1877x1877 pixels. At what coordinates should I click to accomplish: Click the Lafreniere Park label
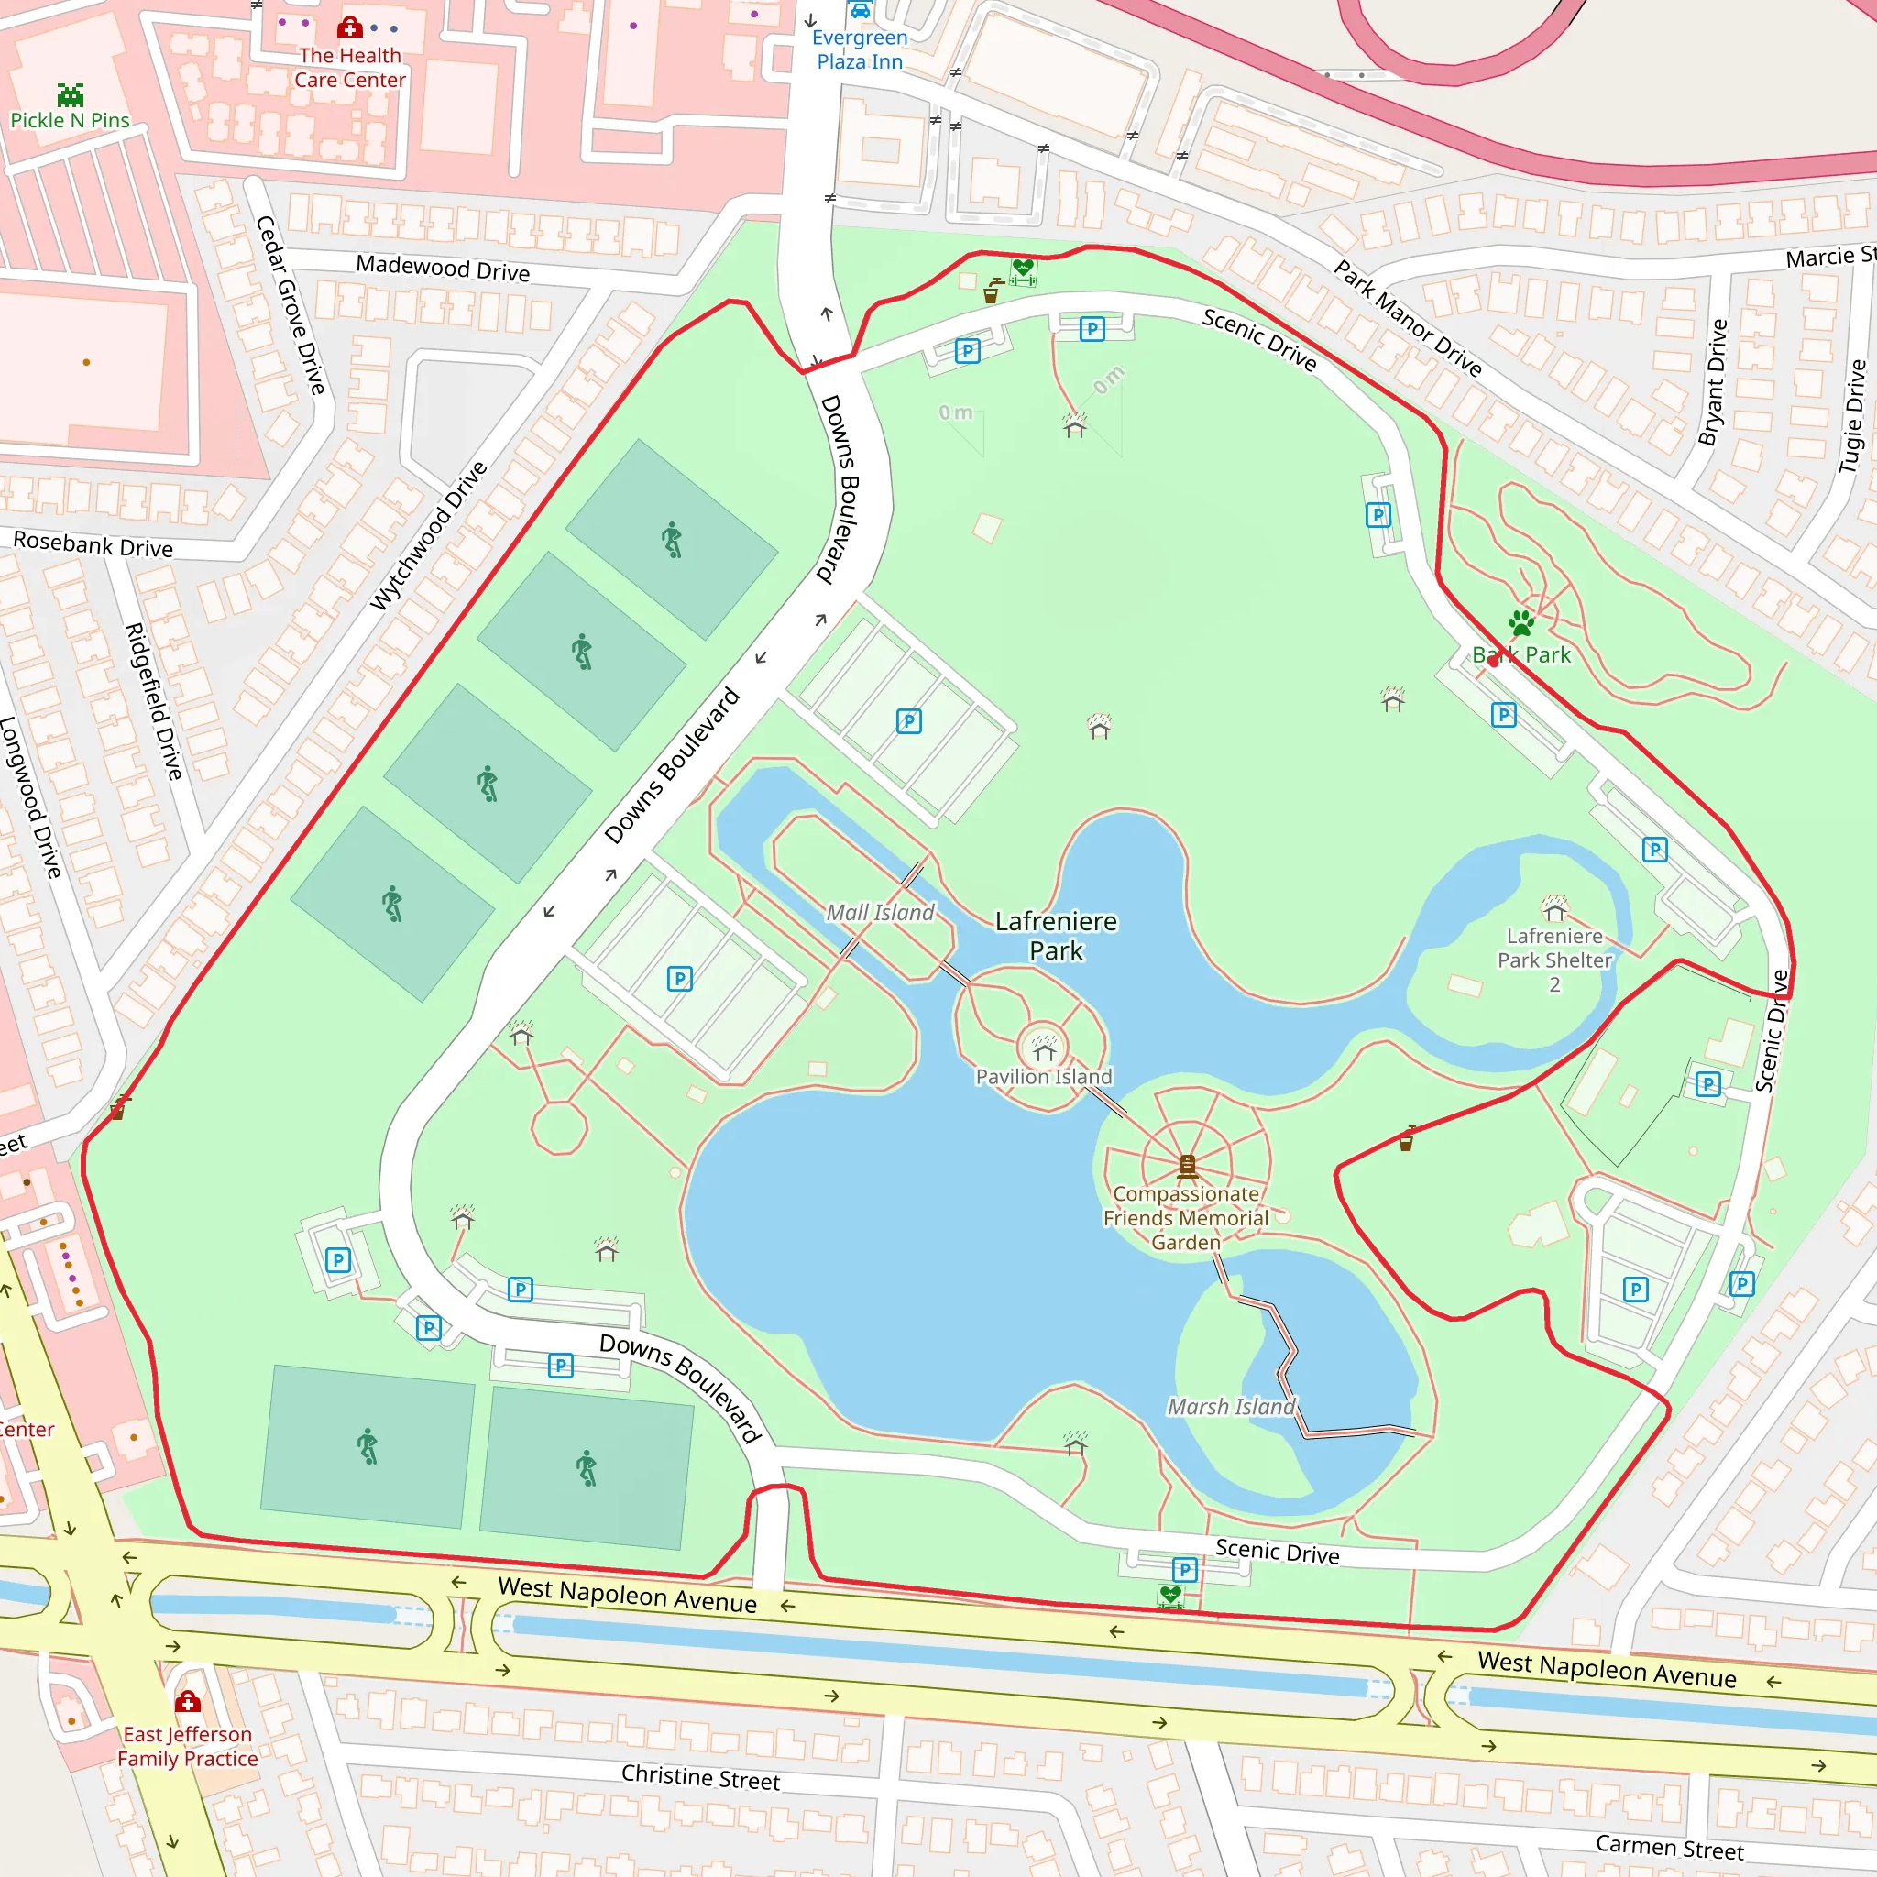point(1056,936)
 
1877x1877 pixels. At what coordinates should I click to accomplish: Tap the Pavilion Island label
point(1043,1077)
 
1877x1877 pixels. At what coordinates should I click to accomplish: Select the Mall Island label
point(880,912)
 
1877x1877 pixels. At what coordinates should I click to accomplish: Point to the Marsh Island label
point(1231,1406)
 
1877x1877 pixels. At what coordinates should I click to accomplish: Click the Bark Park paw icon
point(1521,622)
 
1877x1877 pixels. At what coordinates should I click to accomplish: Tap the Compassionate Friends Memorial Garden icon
point(1187,1165)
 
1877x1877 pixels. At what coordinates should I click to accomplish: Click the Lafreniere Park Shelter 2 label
point(1554,960)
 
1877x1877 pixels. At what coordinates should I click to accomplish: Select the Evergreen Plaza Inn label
point(860,49)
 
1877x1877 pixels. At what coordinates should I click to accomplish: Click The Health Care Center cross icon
point(350,27)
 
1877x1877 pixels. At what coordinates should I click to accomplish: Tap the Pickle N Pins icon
point(70,95)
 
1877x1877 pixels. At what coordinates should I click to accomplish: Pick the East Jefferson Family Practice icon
point(188,1701)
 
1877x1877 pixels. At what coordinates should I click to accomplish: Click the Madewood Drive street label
point(443,268)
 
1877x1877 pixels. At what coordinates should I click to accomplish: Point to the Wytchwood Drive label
point(428,535)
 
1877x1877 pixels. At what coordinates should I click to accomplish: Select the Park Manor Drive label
point(1408,318)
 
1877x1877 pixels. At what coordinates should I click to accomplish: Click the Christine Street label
point(700,1777)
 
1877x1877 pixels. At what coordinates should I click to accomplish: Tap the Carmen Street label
point(1669,1847)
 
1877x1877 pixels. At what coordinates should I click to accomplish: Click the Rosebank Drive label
point(93,544)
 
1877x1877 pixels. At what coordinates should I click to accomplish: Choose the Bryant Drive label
point(1713,382)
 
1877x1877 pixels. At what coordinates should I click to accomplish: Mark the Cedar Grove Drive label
point(290,304)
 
